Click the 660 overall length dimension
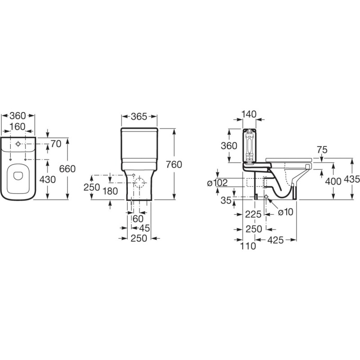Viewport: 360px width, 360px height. coord(67,169)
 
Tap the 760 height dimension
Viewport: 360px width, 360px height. coord(174,165)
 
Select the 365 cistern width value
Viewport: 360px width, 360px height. coord(139,117)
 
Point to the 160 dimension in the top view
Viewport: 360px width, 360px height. coord(18,127)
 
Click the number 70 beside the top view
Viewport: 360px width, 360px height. coord(56,144)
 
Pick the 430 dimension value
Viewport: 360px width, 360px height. coord(48,179)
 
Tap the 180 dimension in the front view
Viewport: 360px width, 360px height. coord(110,191)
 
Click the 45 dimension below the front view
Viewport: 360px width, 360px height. coord(144,228)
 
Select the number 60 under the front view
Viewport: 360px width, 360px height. coord(138,219)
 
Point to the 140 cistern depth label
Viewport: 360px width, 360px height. coord(249,114)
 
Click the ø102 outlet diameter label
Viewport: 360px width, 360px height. coord(217,183)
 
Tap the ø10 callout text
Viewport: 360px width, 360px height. coord(286,212)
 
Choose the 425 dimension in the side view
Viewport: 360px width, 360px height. coord(275,240)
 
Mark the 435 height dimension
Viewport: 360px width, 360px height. coord(352,179)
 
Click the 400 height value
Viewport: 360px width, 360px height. coord(333,181)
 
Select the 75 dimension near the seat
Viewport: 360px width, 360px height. coord(322,150)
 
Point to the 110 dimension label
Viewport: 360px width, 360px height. coord(248,246)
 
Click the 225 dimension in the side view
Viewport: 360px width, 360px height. coord(253,215)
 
